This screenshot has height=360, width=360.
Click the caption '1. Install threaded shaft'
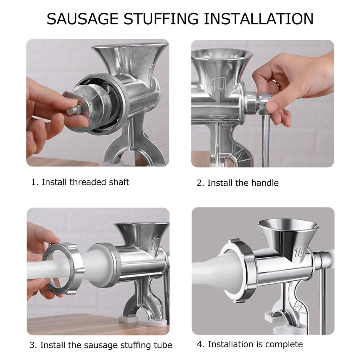pos(80,182)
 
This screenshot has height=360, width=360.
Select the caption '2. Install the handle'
pos(237,183)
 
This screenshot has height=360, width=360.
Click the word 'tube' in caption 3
pos(163,345)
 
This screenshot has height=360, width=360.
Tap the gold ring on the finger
pos(275,82)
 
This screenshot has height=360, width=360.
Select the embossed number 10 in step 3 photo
pos(155,244)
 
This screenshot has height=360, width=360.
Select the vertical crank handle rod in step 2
pos(266,141)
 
